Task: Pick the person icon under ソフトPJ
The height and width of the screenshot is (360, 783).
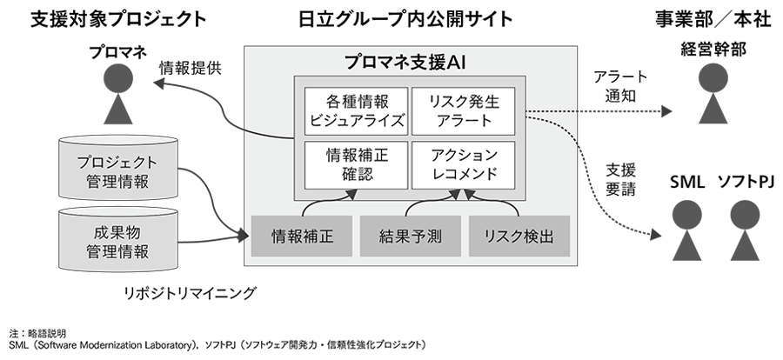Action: (746, 228)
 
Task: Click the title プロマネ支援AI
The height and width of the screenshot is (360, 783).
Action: (406, 62)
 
